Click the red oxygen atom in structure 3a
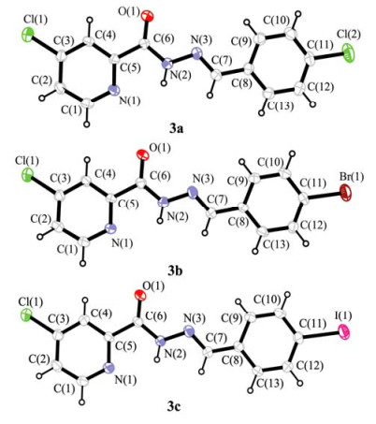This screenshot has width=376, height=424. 147,16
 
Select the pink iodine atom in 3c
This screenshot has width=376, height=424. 344,331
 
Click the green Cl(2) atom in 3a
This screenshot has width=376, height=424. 348,53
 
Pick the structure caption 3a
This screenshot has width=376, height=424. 177,128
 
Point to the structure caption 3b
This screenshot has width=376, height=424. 175,271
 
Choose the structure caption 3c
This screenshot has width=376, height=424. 174,406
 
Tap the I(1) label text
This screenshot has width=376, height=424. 343,315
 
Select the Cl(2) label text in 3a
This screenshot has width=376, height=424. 349,35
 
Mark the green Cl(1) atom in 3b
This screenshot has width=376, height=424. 27,175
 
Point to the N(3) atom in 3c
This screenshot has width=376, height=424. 188,331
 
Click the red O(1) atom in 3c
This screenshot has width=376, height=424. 139,295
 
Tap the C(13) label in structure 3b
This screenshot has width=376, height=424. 276,244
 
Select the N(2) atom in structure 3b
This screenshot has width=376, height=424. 164,202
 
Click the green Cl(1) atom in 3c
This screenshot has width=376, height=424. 26,314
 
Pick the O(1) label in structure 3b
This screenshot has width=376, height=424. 160,149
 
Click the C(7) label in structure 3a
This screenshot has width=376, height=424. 222,61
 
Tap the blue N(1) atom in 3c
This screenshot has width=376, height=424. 108,368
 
